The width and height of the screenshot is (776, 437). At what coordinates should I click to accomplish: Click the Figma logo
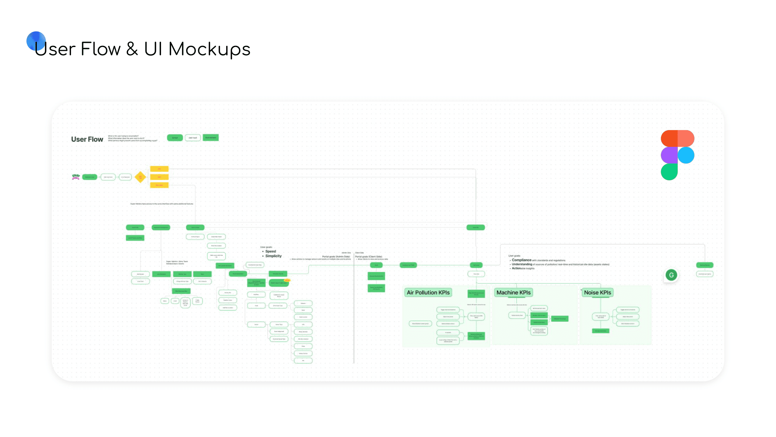pyautogui.click(x=677, y=155)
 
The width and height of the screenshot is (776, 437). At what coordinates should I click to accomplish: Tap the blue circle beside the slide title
pyautogui.click(x=36, y=41)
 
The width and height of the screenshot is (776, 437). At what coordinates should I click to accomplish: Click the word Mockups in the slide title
pyautogui.click(x=209, y=49)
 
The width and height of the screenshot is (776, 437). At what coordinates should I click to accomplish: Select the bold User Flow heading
pyautogui.click(x=87, y=139)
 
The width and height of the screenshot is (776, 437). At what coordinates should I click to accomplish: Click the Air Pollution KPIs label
pyautogui.click(x=428, y=292)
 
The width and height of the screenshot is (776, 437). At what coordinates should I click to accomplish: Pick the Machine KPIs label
pyautogui.click(x=513, y=292)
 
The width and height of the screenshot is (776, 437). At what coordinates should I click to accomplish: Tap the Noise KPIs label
pyautogui.click(x=597, y=292)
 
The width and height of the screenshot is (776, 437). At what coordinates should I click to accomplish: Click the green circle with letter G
pyautogui.click(x=671, y=275)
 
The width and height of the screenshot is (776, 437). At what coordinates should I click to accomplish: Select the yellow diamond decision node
pyautogui.click(x=140, y=177)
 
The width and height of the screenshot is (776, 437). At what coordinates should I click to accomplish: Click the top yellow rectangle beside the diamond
pyautogui.click(x=159, y=169)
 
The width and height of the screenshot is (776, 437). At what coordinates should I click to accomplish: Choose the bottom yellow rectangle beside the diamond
pyautogui.click(x=159, y=185)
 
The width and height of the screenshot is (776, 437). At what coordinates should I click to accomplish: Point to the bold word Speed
pyautogui.click(x=270, y=251)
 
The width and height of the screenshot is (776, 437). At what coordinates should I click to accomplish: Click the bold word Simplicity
pyautogui.click(x=273, y=256)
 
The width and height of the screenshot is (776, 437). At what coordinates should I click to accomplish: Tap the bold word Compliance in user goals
pyautogui.click(x=521, y=260)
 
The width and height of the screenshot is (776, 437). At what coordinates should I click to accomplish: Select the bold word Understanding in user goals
pyautogui.click(x=522, y=264)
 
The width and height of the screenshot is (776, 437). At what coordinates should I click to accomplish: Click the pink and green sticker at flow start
pyautogui.click(x=76, y=177)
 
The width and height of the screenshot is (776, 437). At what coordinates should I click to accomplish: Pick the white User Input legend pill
pyautogui.click(x=193, y=138)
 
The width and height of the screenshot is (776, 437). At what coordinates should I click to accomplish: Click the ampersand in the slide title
pyautogui.click(x=132, y=49)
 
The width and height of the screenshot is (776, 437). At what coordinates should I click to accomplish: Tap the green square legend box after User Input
pyautogui.click(x=211, y=138)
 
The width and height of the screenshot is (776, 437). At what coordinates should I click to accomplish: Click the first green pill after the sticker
pyautogui.click(x=90, y=177)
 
